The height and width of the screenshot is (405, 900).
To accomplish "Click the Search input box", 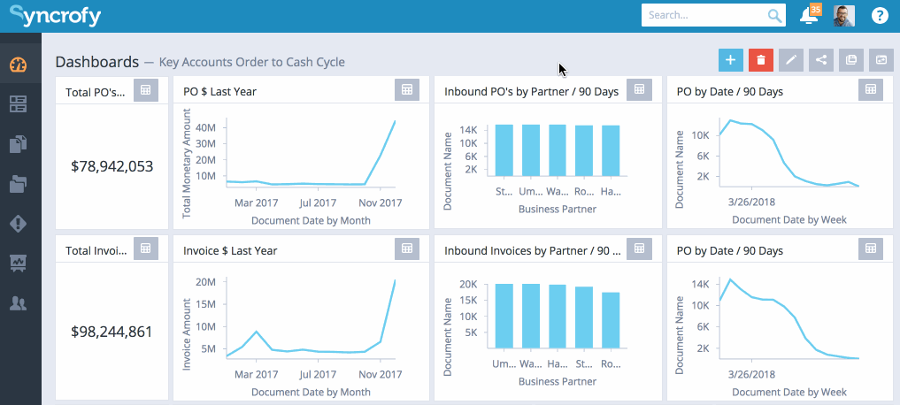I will (704, 16).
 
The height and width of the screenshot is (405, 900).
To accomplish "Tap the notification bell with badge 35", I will (808, 16).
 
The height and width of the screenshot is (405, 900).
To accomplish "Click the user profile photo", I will (843, 16).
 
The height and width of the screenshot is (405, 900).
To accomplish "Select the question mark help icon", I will (880, 16).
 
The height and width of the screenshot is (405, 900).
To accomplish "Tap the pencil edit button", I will (791, 60).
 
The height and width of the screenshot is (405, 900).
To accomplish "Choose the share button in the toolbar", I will (821, 60).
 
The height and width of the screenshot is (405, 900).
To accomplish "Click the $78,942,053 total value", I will (112, 166).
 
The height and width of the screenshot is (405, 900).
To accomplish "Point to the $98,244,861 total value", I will (112, 332).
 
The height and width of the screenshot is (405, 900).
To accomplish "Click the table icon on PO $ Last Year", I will (406, 90).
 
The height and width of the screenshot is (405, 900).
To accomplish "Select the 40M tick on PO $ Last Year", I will (204, 127).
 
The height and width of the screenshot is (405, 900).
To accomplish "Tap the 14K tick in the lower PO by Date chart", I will (699, 284).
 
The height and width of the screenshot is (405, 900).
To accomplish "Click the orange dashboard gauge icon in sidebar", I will (19, 65).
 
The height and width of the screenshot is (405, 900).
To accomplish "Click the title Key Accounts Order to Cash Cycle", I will (252, 62).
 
